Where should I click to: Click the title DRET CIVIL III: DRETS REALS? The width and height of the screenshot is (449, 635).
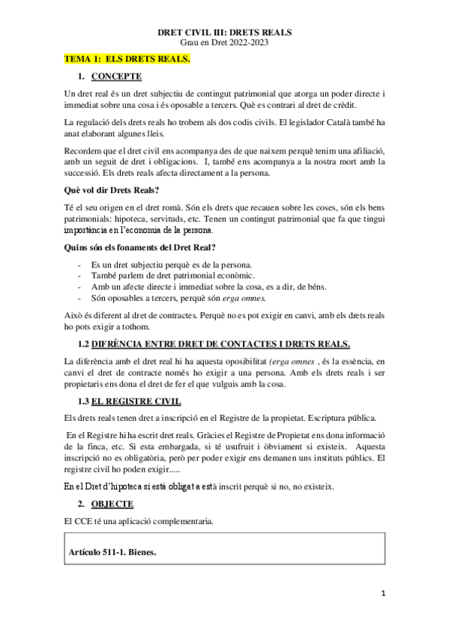[x=225, y=33]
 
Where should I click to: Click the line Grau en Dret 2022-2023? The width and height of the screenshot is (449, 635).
[x=225, y=43]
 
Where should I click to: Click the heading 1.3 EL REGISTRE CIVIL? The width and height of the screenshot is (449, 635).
[x=134, y=401]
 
